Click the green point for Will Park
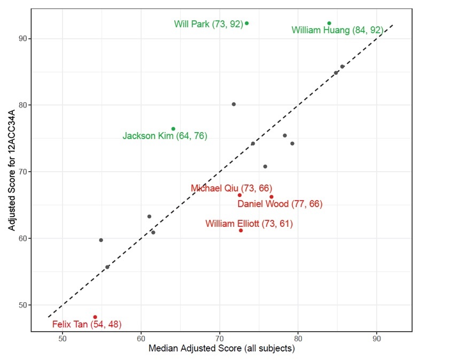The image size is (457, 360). tap(247, 24)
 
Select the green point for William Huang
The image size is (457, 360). tap(329, 24)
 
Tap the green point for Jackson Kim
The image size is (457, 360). tap(173, 129)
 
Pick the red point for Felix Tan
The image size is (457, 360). tap(95, 317)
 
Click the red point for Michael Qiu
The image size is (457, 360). tap(239, 195)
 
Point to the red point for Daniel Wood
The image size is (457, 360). tap(272, 197)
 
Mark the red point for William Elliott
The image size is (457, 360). tap(241, 231)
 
